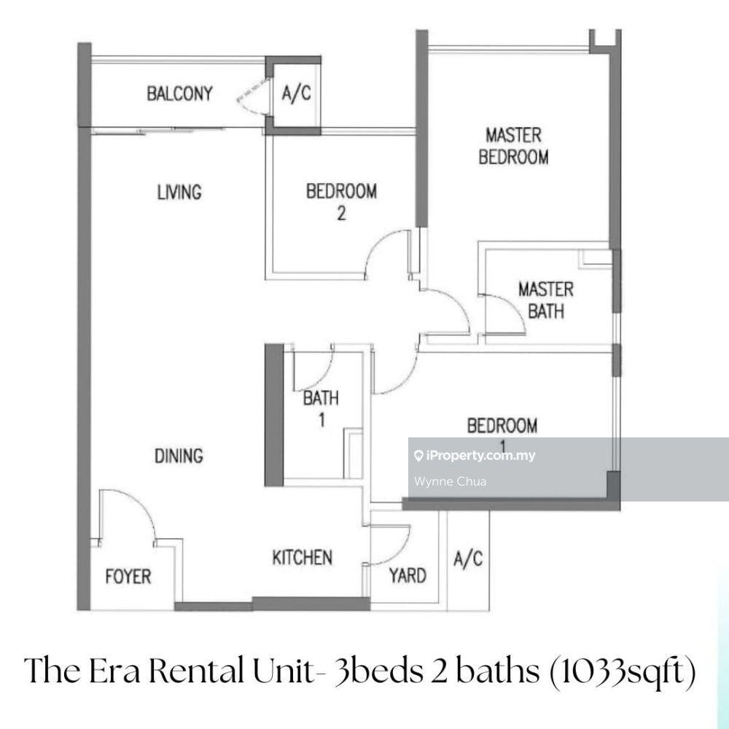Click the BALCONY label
coord(179,94)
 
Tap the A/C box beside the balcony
coord(296,95)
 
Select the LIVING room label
coord(179,192)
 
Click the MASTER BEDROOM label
coord(513,146)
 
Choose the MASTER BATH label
coord(545,300)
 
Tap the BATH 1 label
coord(321,408)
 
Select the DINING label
coord(179,456)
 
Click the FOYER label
coord(128,577)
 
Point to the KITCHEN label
coord(302,558)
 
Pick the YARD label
coord(407,576)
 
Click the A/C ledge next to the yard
coord(467,560)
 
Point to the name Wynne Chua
coord(440,481)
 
